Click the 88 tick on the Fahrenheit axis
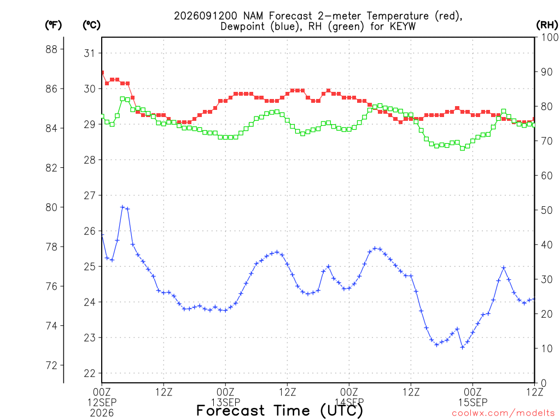coord(51,49)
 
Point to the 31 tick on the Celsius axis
coord(90,53)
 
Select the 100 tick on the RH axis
coord(550,37)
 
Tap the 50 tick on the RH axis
coord(547,210)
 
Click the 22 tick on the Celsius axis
coord(90,373)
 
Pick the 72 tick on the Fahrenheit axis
coord(51,365)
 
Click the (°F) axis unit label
coord(53,25)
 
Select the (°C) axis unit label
coord(91,25)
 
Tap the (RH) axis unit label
coord(547,25)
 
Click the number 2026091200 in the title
coord(206,16)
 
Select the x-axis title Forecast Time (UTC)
coord(279,411)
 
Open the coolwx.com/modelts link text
coord(503,413)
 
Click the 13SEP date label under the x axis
coord(226,402)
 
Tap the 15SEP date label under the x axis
coord(473,402)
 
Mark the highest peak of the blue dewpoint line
coord(122,207)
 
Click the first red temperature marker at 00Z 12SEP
coord(102,73)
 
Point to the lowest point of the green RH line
coord(463,148)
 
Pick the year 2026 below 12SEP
coord(102,413)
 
